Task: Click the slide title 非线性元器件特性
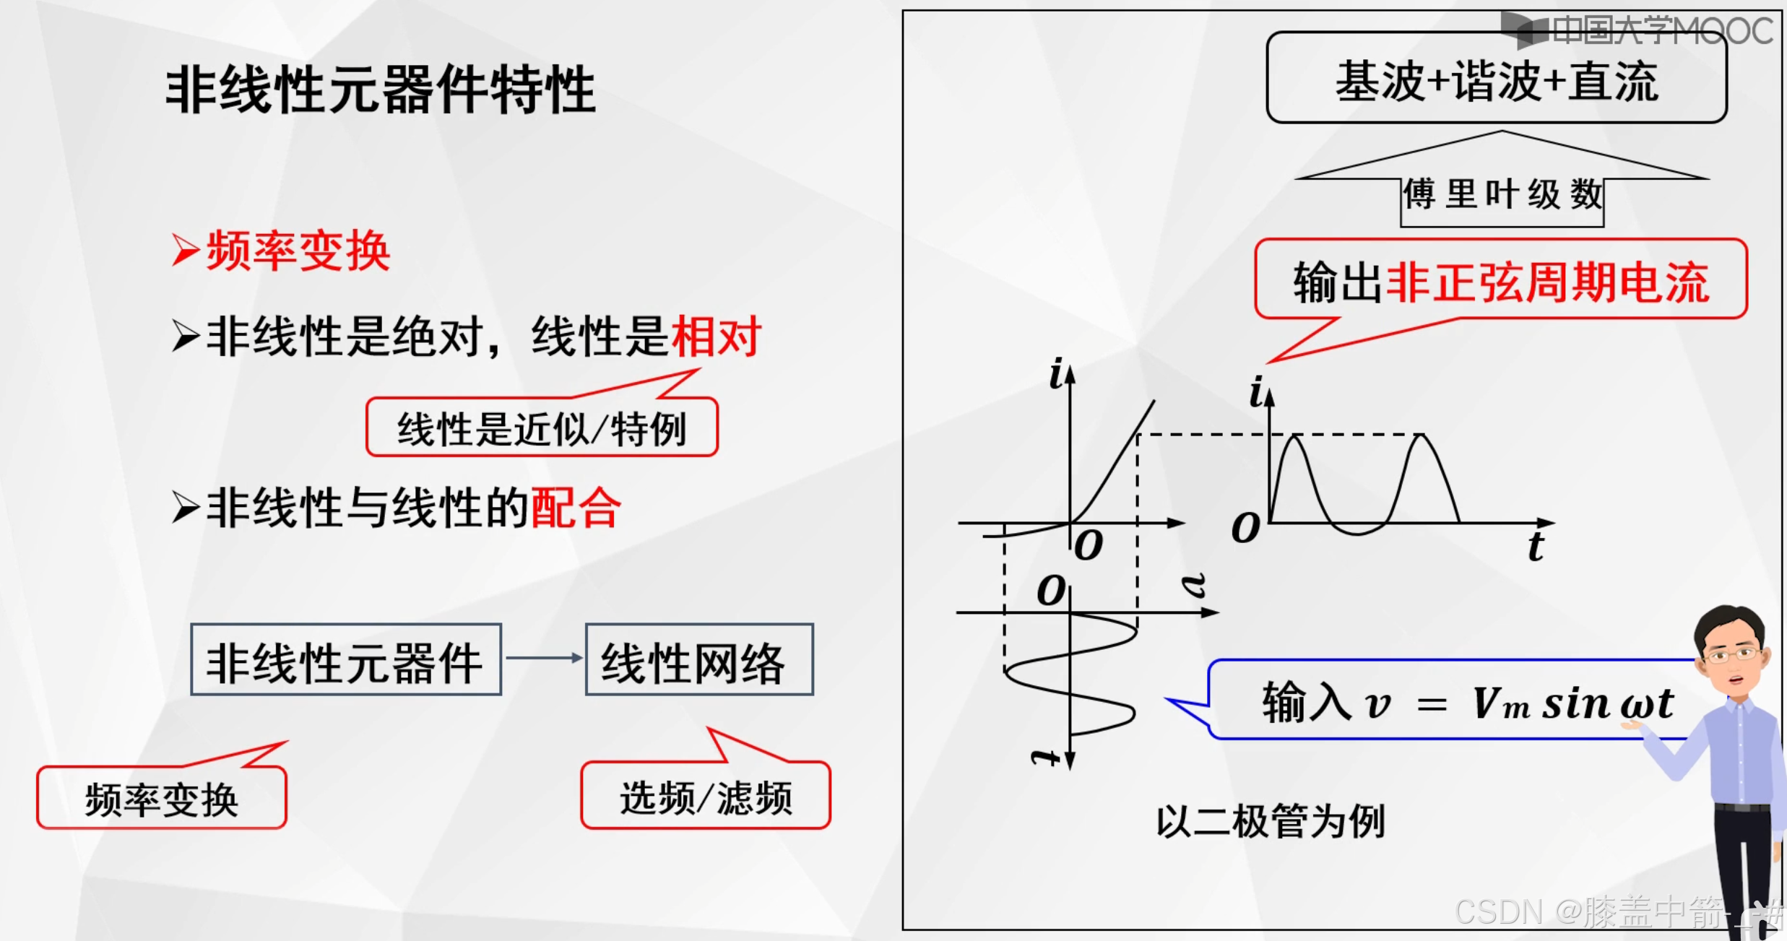pos(381,90)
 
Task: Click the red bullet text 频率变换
pos(298,251)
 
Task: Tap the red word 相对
pos(716,337)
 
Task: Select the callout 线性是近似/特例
pos(542,428)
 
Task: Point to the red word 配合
pos(576,508)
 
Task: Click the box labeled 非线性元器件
pos(346,660)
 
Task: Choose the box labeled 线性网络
pos(698,660)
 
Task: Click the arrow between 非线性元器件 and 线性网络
pos(543,658)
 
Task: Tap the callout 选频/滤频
pos(706,797)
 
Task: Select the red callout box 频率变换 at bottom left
pos(162,799)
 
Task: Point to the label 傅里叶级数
pos(1502,195)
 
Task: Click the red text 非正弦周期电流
pos(1549,282)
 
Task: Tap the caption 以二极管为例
pos(1271,821)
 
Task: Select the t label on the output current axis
pos(1536,546)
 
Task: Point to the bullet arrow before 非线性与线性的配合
pos(186,508)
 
